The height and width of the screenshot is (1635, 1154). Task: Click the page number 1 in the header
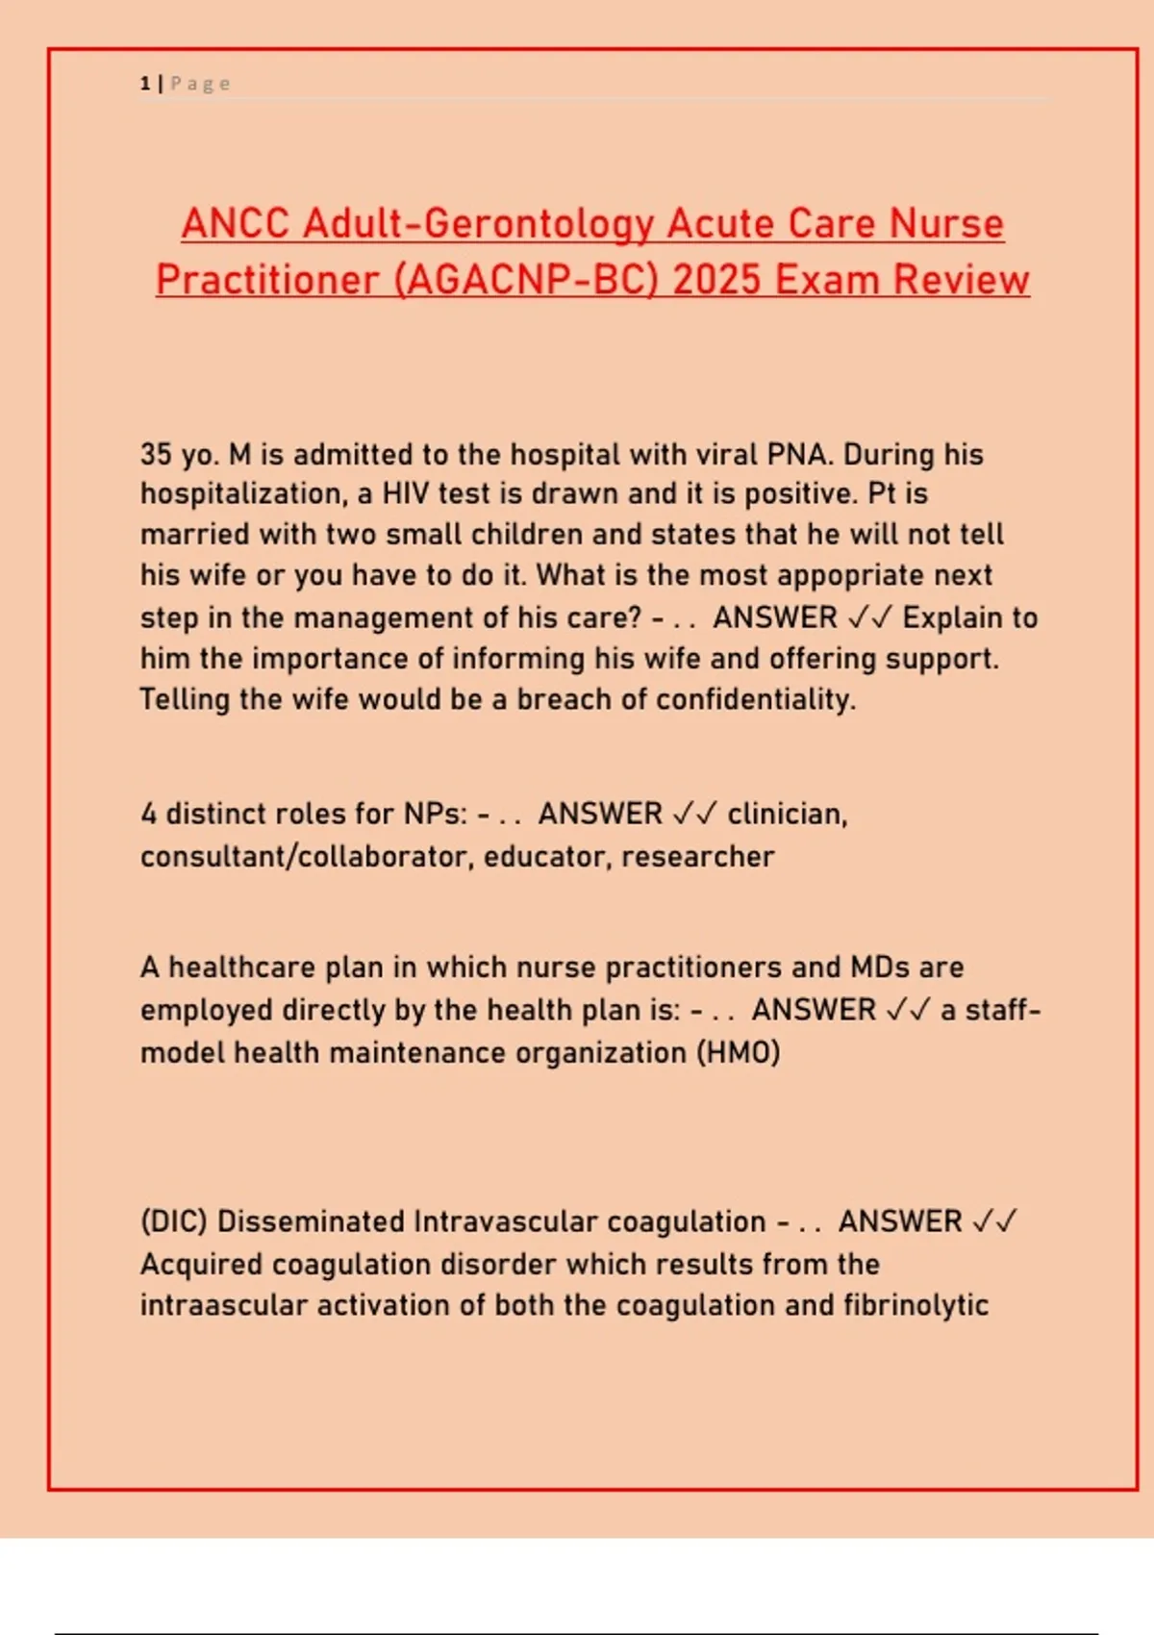144,84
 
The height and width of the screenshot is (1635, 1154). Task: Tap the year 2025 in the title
717,280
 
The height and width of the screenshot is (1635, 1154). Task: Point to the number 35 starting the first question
156,454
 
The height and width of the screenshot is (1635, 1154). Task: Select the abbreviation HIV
406,493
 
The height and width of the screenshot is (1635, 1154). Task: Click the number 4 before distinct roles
149,814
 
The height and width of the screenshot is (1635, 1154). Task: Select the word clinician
787,814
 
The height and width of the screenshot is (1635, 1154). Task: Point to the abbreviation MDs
880,967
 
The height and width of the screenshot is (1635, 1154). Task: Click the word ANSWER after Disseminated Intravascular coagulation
899,1221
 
